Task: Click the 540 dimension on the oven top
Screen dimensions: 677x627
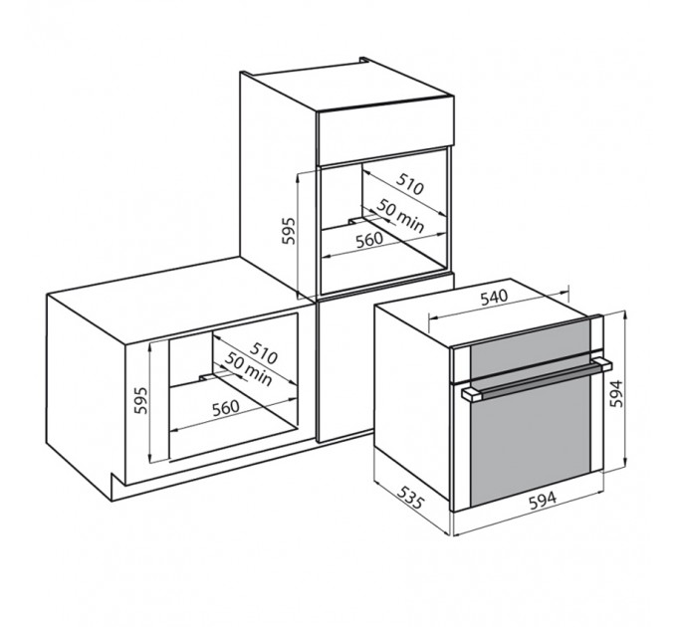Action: tap(494, 297)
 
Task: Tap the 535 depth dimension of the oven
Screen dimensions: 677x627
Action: tap(410, 497)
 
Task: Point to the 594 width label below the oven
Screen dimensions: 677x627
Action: tap(543, 500)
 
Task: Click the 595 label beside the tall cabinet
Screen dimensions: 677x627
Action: tap(289, 231)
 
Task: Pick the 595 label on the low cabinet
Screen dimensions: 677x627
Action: tap(140, 400)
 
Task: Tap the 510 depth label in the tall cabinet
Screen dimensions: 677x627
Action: tap(410, 184)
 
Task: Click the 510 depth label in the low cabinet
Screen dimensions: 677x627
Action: tap(263, 352)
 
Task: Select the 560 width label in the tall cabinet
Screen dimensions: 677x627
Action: tap(369, 240)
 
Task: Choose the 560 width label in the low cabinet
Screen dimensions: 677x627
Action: tap(225, 408)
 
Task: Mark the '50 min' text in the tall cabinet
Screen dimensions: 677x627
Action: tap(400, 216)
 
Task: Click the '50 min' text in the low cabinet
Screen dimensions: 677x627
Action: tap(249, 369)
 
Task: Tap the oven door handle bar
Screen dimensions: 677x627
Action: tap(537, 378)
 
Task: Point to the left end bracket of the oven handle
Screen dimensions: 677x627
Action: tap(471, 394)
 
